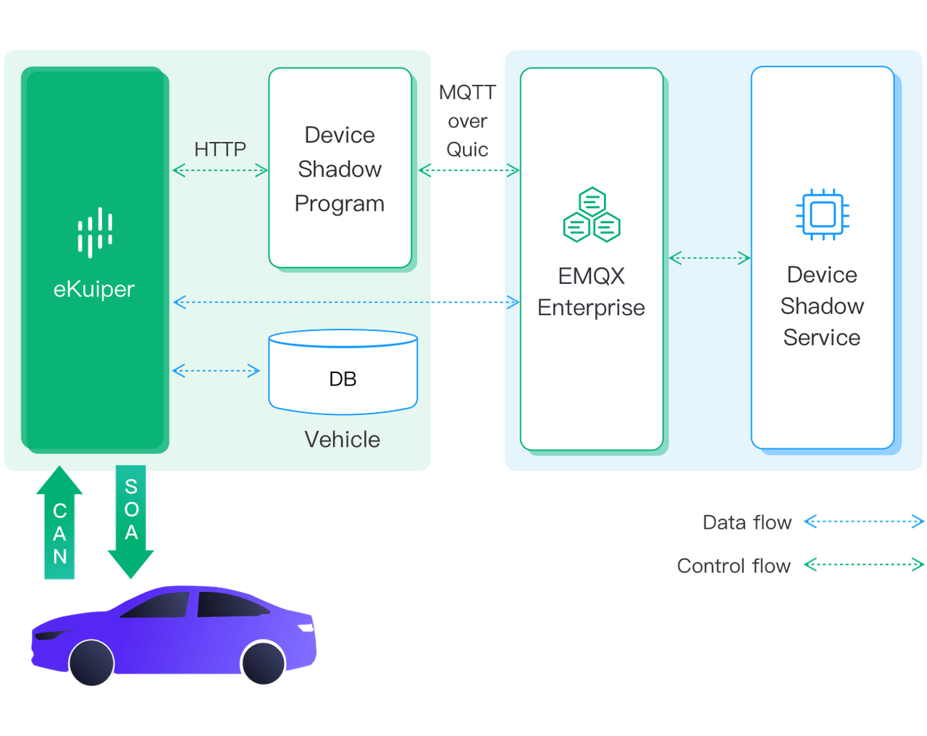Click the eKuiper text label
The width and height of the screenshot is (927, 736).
pyautogui.click(x=94, y=289)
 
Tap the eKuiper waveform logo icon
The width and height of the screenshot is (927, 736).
pyautogui.click(x=95, y=233)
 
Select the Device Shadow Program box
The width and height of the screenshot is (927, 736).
pyautogui.click(x=340, y=168)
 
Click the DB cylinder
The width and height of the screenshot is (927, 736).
pyautogui.click(x=343, y=372)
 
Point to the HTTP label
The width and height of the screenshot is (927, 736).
pyautogui.click(x=220, y=149)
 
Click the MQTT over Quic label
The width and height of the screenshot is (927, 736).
pyautogui.click(x=467, y=121)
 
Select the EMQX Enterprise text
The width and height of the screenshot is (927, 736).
pyautogui.click(x=591, y=292)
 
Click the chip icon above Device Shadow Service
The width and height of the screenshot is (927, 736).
pyautogui.click(x=822, y=214)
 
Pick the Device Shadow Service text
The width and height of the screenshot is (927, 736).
pyautogui.click(x=822, y=306)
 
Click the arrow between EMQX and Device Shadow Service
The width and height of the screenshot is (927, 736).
pyautogui.click(x=709, y=257)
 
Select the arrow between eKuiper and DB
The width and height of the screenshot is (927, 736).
pyautogui.click(x=216, y=371)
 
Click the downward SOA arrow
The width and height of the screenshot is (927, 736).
pyautogui.click(x=131, y=518)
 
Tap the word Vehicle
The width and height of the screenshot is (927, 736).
pyautogui.click(x=342, y=440)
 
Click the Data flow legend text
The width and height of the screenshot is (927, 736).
pyautogui.click(x=747, y=522)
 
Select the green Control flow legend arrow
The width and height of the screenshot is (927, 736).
pyautogui.click(x=864, y=565)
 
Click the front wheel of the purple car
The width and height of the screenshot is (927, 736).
pyautogui.click(x=91, y=662)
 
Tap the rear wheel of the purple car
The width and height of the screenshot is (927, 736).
pyautogui.click(x=262, y=662)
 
